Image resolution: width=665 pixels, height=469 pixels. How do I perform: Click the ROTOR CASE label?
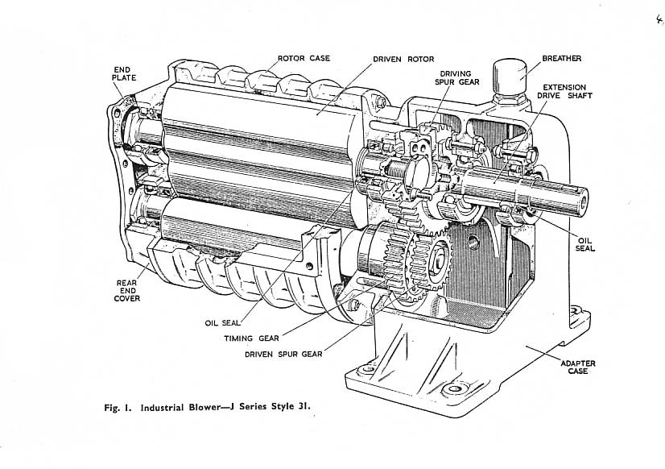[304, 58]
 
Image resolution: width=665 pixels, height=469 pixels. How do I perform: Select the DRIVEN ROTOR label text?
[403, 60]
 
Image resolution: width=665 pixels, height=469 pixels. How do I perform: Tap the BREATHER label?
[561, 59]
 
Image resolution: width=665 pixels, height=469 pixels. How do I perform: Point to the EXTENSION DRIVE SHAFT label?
[564, 91]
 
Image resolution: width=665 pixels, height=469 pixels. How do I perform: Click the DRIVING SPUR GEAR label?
[456, 77]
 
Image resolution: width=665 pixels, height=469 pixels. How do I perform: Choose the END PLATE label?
[124, 74]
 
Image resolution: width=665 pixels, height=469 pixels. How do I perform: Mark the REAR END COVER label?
[127, 291]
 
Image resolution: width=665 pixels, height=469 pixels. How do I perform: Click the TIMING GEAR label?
[251, 338]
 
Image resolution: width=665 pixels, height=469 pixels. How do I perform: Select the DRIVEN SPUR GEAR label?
[283, 354]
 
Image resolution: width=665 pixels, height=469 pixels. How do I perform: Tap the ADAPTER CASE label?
[578, 367]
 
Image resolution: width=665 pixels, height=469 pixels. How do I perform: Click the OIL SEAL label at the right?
[584, 244]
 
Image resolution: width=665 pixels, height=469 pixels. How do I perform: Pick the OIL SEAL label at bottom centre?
[222, 323]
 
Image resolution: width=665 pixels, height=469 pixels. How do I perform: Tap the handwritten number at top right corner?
[659, 19]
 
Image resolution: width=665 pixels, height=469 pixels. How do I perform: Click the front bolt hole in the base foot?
[454, 388]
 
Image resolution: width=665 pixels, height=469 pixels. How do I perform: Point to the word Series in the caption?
[254, 407]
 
